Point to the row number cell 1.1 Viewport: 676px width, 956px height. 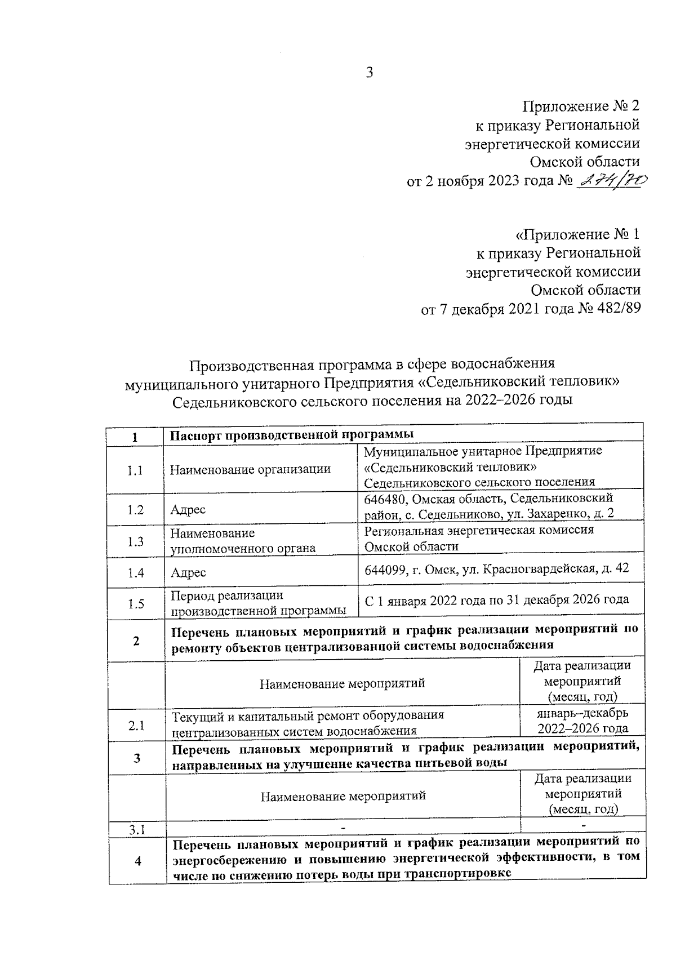click(135, 470)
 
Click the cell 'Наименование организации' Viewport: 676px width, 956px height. click(250, 469)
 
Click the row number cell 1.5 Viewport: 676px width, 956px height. click(136, 604)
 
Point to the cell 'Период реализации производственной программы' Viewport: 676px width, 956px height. click(259, 603)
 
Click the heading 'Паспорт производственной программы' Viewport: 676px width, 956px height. click(292, 434)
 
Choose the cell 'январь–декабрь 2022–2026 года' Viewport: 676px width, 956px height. click(582, 721)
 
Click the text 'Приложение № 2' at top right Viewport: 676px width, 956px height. click(581, 106)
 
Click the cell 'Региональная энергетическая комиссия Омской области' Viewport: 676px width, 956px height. click(478, 538)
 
